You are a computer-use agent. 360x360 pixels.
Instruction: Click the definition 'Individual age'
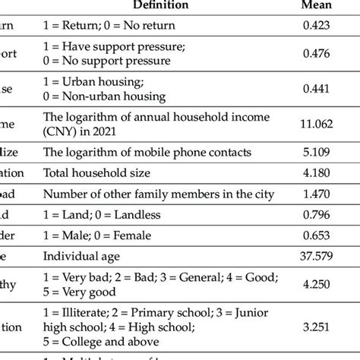[83, 257]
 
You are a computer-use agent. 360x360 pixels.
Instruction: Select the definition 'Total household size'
[97, 174]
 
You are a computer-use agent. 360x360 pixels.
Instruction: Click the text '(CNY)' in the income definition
[60, 131]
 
